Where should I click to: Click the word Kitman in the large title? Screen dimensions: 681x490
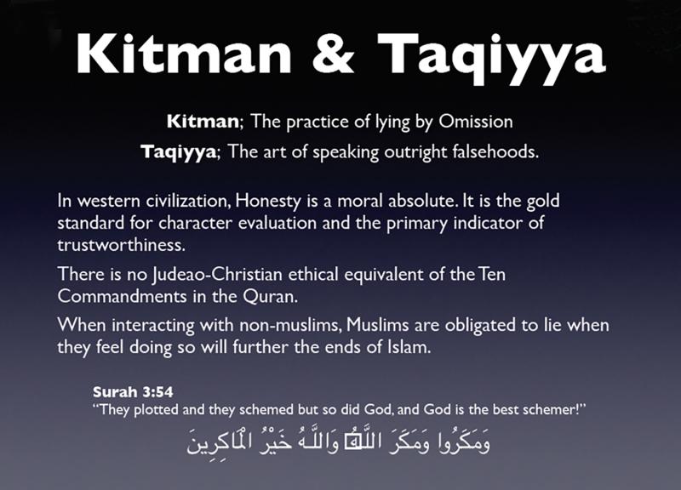tap(183, 53)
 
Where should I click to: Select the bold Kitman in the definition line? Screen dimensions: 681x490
tap(203, 121)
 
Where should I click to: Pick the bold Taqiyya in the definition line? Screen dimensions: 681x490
tap(178, 152)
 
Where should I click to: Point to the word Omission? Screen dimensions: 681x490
tap(476, 121)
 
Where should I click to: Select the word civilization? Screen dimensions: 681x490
tap(187, 201)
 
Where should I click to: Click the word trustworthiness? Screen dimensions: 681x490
tap(121, 245)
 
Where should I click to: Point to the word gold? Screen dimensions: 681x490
tap(543, 202)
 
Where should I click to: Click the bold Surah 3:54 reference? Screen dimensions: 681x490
tap(133, 392)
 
